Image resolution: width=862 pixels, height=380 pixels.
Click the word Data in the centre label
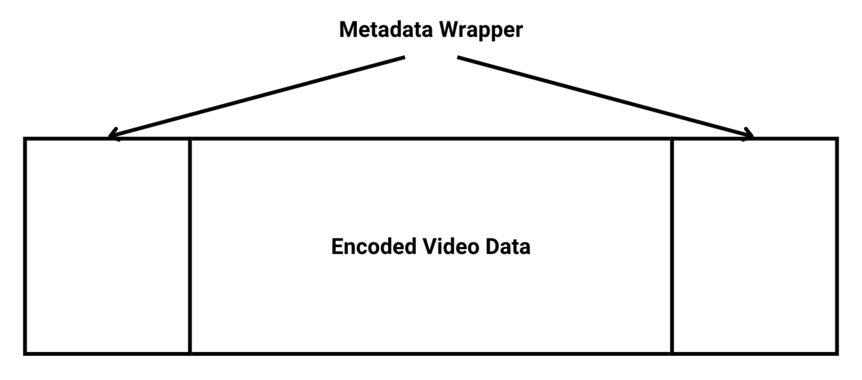pos(508,246)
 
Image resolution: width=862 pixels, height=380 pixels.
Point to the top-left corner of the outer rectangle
pos(25,139)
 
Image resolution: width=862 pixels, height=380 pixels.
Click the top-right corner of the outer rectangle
pos(837,139)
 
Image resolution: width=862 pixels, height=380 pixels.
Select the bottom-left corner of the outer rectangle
pos(25,353)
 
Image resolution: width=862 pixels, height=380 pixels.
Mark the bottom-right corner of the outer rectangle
pos(837,353)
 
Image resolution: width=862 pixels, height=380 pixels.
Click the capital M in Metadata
pos(348,30)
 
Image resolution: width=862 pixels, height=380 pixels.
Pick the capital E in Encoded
pos(337,246)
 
